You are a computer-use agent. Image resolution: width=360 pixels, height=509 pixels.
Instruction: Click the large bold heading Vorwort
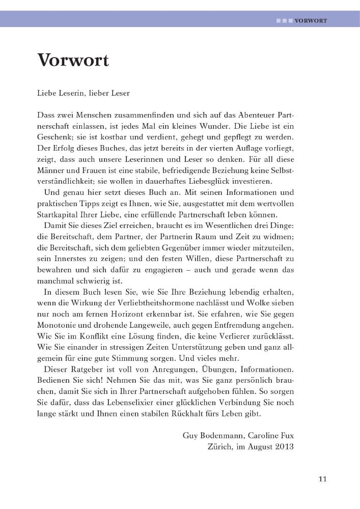point(73,61)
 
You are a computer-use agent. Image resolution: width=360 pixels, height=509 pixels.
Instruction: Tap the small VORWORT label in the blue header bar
point(310,21)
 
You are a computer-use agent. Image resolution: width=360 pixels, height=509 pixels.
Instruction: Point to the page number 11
point(322,478)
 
